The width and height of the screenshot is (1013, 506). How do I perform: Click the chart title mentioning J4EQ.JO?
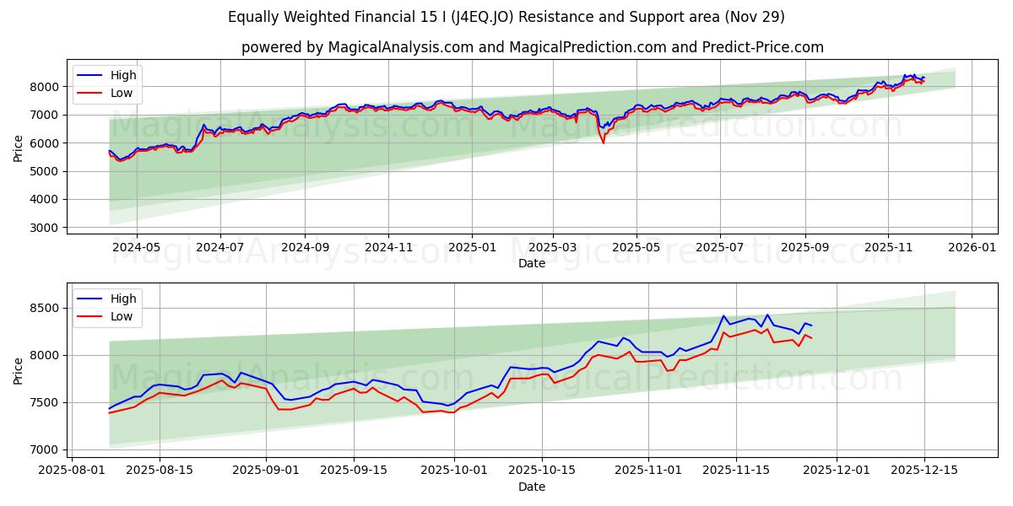coord(506,17)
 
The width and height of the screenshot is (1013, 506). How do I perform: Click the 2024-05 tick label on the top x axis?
coord(137,248)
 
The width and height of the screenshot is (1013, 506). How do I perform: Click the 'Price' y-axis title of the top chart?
coord(19,148)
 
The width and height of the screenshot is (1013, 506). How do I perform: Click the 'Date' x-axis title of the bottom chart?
coord(532,487)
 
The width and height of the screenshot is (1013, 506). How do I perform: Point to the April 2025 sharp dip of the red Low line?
coord(603,143)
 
